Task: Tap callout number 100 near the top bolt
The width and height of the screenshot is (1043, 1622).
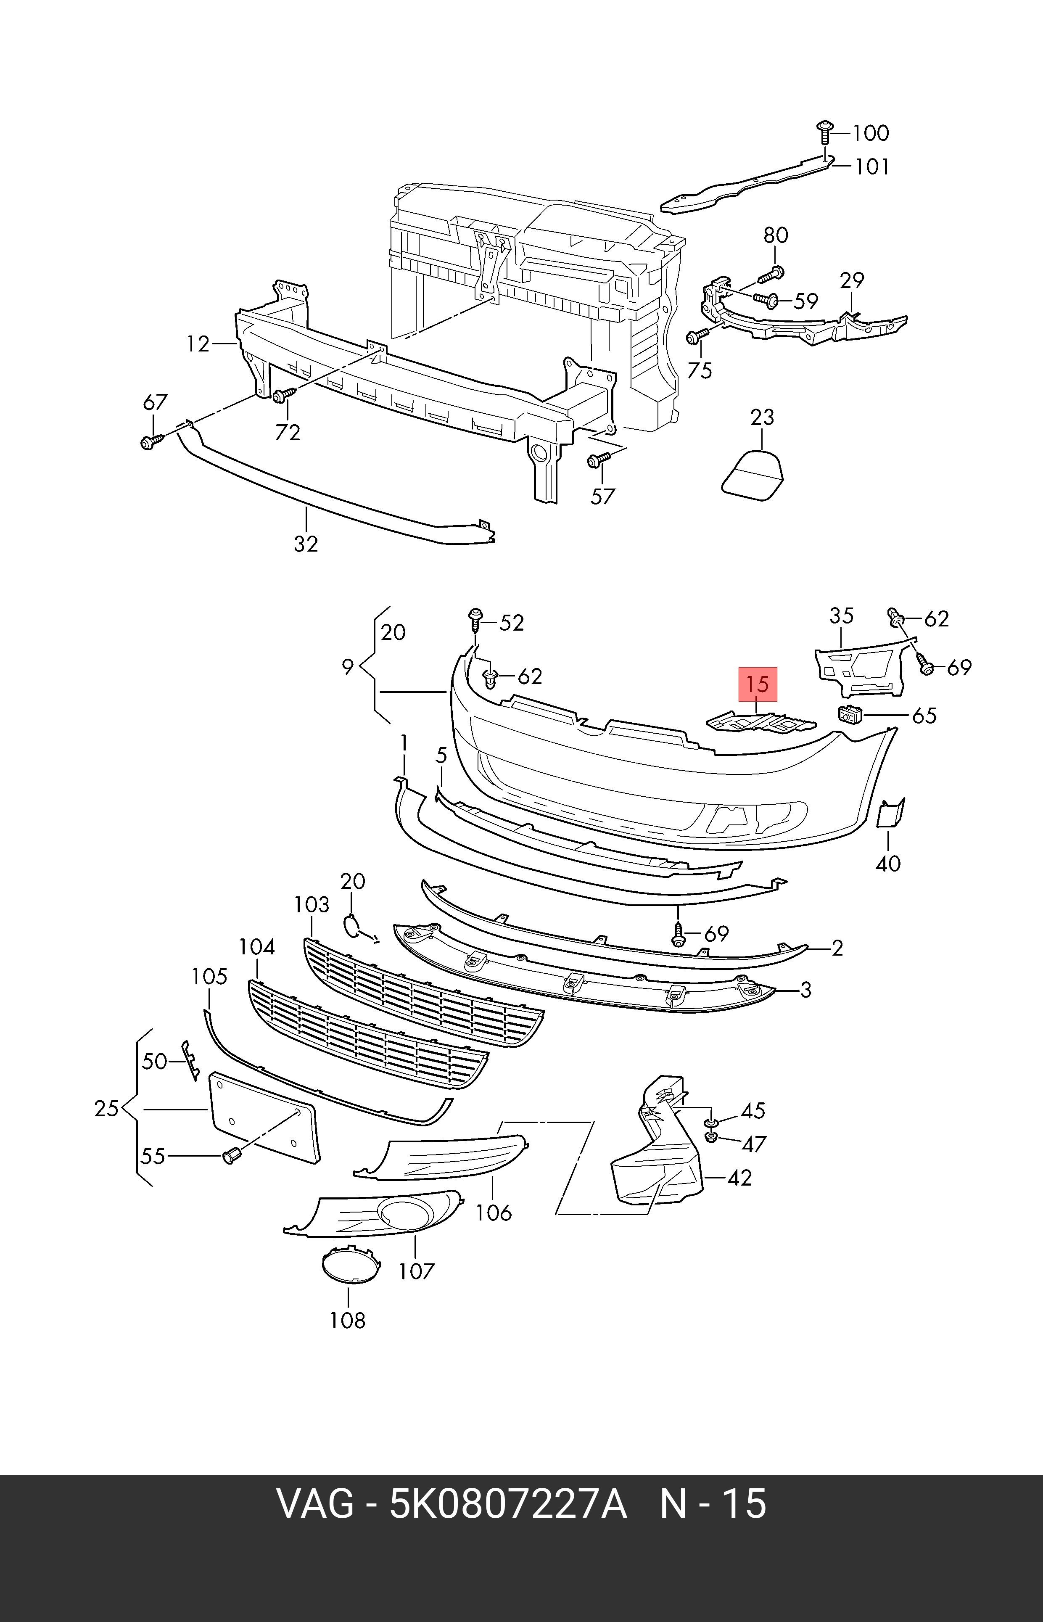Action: pyautogui.click(x=870, y=133)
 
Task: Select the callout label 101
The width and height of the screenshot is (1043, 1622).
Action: pyautogui.click(x=871, y=166)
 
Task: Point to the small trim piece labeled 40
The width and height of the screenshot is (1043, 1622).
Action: pyautogui.click(x=890, y=813)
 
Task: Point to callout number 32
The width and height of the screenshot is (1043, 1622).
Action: pyautogui.click(x=306, y=543)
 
